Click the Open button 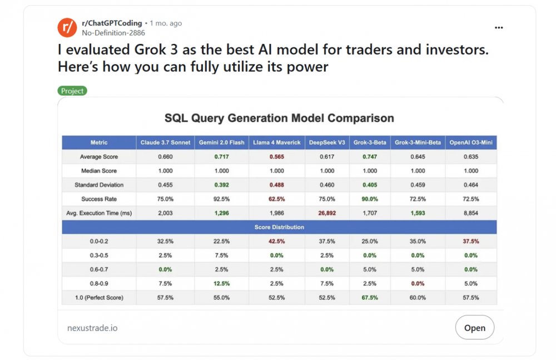click(475, 327)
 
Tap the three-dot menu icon click(499, 28)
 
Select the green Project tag click(72, 91)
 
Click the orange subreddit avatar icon click(67, 27)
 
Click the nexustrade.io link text click(92, 328)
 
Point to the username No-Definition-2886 click(113, 33)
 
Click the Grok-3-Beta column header click(370, 142)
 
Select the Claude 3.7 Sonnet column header click(165, 142)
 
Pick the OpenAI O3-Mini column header click(471, 142)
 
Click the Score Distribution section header click(280, 227)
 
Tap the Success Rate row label click(99, 199)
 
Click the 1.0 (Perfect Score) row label click(99, 298)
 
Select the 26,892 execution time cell click(327, 213)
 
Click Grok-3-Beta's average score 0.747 click(370, 156)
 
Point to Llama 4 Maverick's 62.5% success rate click(276, 199)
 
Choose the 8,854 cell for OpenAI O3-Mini click(471, 213)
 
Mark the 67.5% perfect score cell click(370, 298)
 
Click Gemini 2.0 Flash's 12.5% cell click(222, 283)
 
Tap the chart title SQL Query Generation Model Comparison click(280, 118)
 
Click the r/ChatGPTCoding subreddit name click(112, 23)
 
